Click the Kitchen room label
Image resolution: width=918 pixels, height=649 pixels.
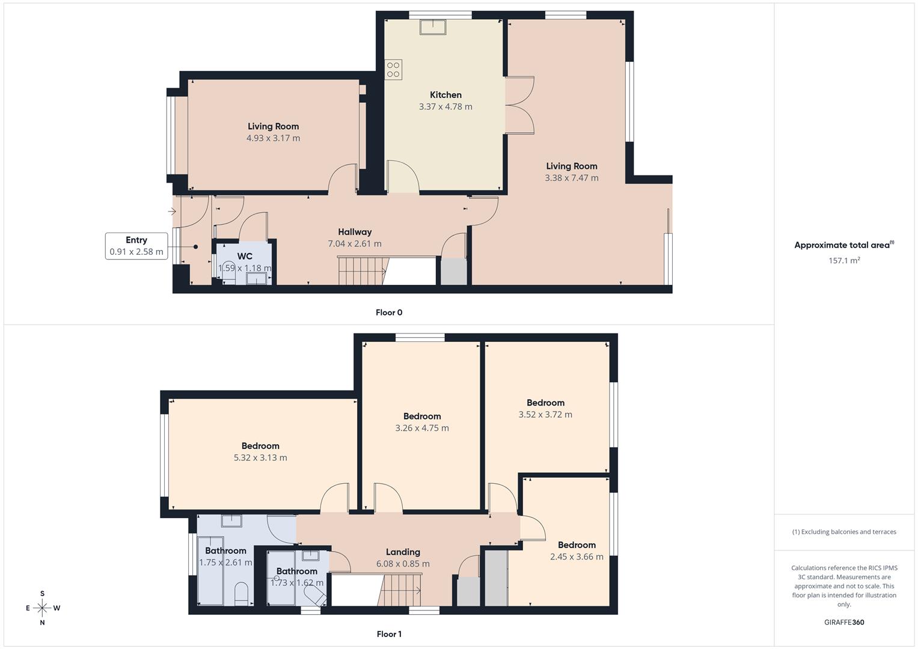point(445,95)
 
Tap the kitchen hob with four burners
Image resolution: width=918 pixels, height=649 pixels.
point(393,70)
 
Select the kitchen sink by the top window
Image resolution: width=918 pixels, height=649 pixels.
point(432,28)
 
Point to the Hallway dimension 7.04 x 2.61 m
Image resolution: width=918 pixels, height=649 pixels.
point(355,244)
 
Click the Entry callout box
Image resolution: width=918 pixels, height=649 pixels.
point(136,246)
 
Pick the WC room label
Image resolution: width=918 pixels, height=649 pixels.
point(245,257)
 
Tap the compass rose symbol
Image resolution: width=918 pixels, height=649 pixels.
point(42,608)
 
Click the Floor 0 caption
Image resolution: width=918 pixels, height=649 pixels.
point(389,312)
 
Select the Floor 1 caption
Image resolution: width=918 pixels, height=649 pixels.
point(389,634)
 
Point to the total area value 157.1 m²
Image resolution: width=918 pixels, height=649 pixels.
point(844,261)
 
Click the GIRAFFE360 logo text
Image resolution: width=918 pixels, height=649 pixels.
point(844,623)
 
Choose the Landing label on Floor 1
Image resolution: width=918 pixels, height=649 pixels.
point(403,552)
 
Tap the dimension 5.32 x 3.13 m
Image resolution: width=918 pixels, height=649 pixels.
point(260,458)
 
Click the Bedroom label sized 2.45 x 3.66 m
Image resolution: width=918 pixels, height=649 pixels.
point(577,545)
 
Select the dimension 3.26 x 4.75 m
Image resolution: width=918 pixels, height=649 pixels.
point(422,428)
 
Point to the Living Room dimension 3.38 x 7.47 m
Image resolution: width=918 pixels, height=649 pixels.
point(572,178)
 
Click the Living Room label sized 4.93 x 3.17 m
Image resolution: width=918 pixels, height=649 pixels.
point(273,126)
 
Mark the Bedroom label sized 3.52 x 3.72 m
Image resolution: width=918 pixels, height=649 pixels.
point(545,403)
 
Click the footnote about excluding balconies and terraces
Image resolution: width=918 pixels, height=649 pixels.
point(844,532)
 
